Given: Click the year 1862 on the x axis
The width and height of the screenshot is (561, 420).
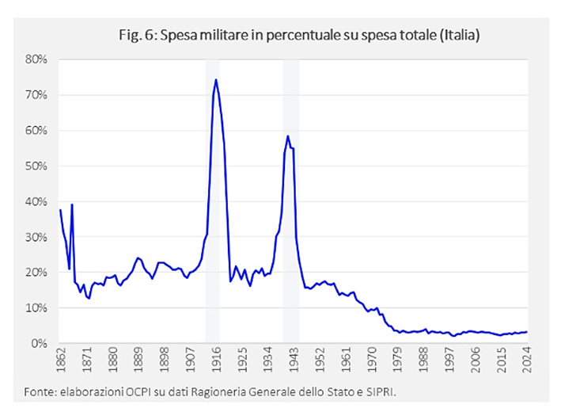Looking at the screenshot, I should pos(60,362).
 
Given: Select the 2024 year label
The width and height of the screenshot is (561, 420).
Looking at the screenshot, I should pos(526,362).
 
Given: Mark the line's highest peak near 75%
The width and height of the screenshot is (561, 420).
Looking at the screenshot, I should pos(216,79).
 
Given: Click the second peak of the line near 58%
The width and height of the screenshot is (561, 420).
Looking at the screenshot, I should pos(288,136).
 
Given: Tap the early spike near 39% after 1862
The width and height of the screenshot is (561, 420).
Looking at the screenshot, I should pos(72,204).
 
